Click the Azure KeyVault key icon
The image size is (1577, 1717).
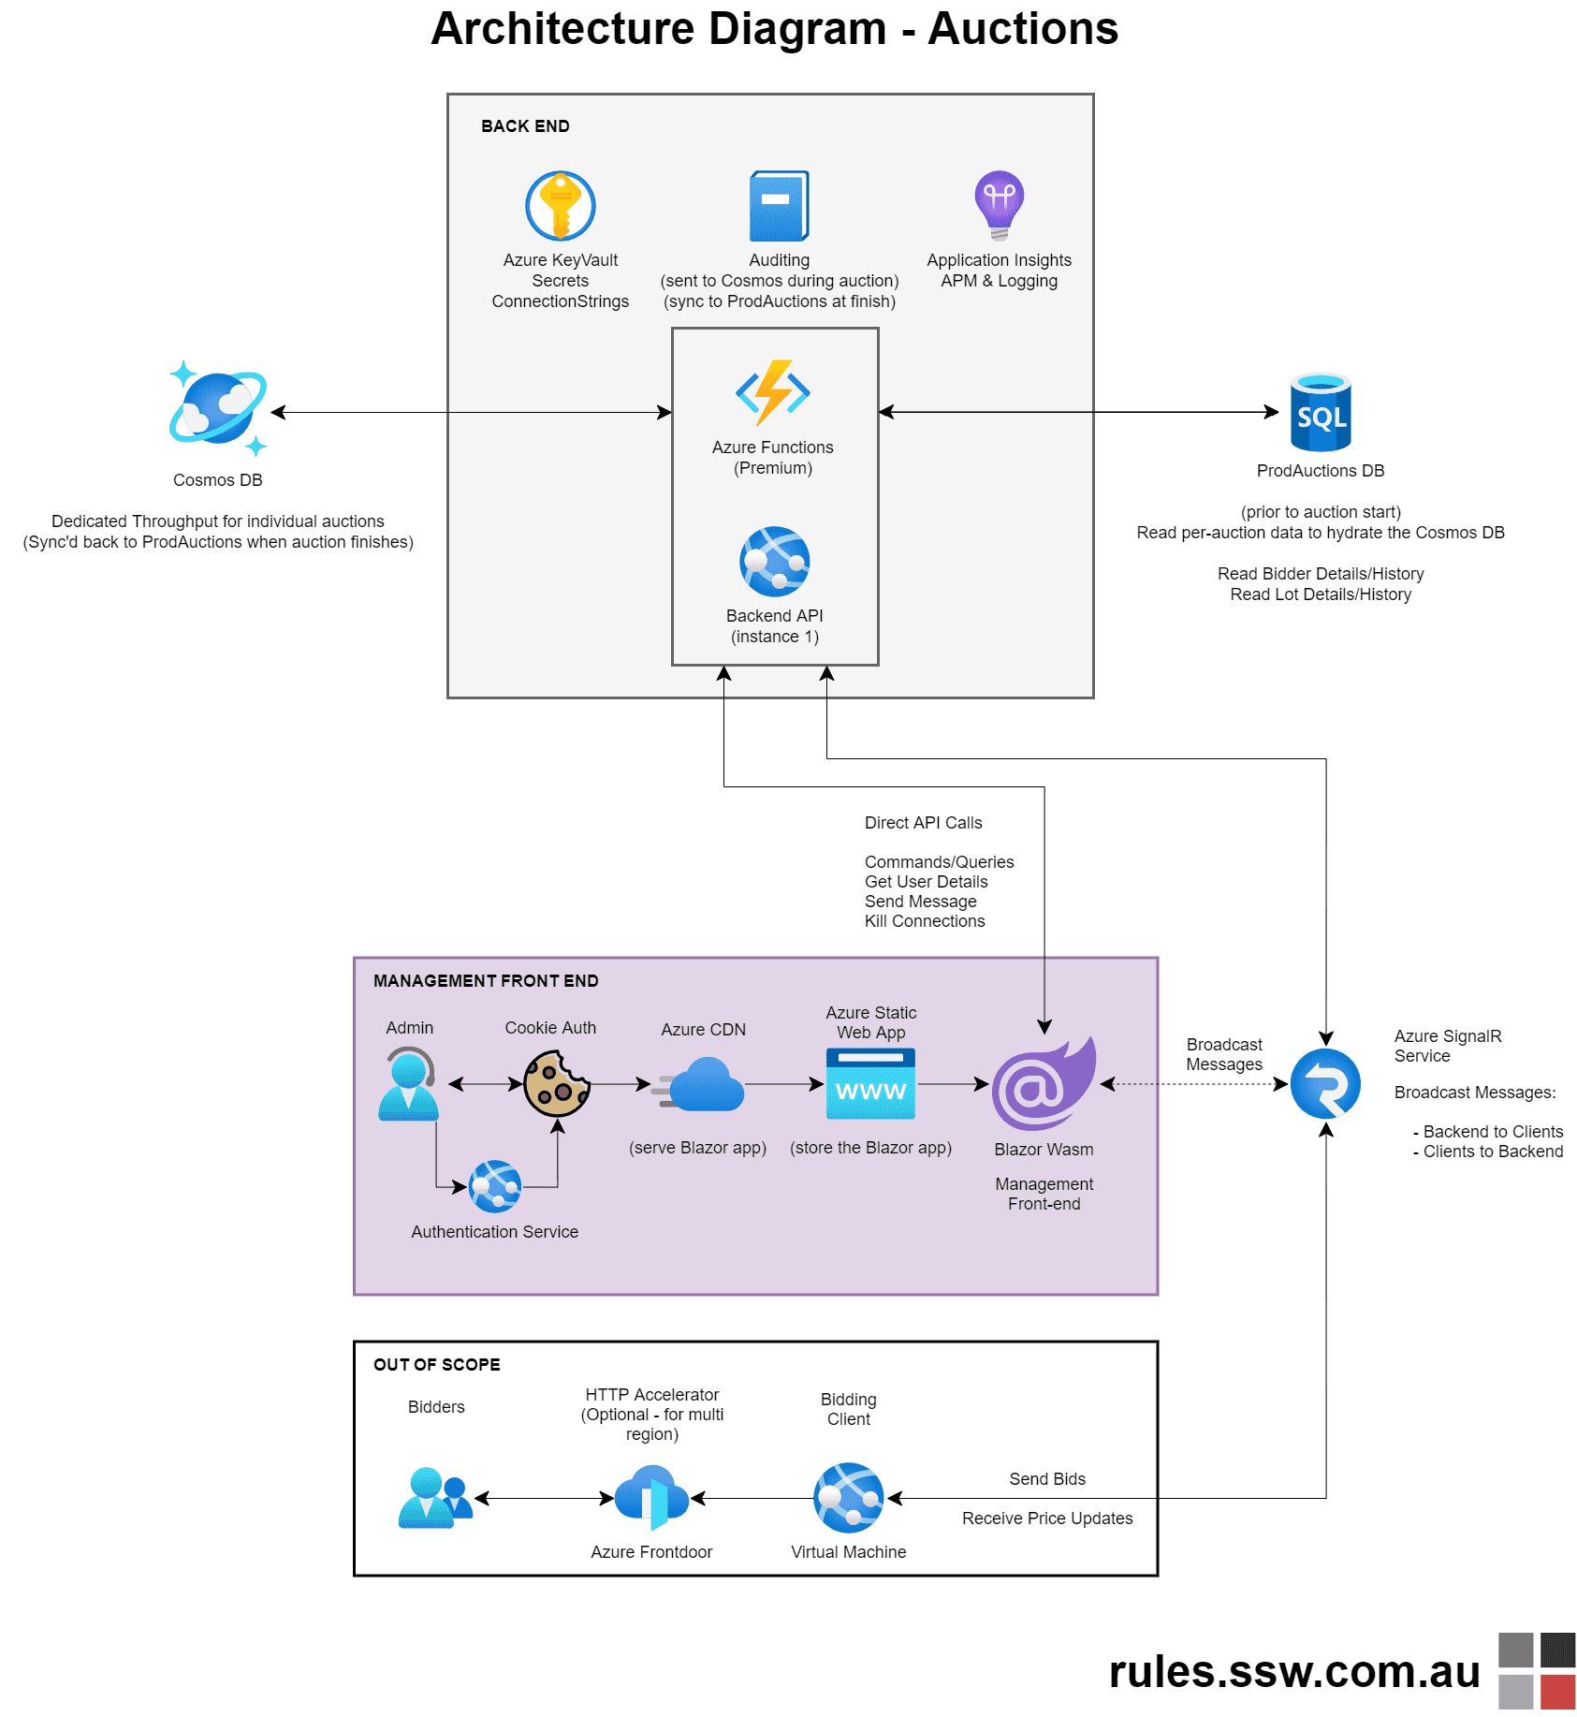(560, 206)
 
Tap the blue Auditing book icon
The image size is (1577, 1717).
(779, 206)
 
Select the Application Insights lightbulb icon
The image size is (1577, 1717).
(999, 204)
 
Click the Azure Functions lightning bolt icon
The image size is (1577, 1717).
(773, 392)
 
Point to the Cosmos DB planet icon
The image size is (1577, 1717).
(218, 408)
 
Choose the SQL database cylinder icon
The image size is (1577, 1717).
(1321, 413)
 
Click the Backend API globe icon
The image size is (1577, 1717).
(774, 562)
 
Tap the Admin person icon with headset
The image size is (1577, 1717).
(409, 1084)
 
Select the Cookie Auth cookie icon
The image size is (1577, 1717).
(557, 1084)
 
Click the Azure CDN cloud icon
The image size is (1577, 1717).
(704, 1085)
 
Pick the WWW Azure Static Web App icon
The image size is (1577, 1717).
(870, 1084)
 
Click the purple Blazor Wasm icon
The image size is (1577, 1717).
(1044, 1084)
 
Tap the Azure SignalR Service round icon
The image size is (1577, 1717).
(1325, 1084)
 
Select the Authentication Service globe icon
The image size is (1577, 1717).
(495, 1187)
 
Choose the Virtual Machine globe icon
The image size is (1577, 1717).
(848, 1498)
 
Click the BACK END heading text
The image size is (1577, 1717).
(525, 126)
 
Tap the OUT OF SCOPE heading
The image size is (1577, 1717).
(437, 1365)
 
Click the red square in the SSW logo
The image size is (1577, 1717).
(1557, 1692)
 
